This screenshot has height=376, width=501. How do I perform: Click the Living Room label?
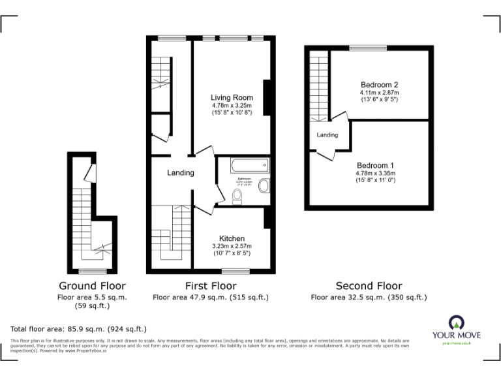pos(232,98)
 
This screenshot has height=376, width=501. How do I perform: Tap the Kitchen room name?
pos(232,238)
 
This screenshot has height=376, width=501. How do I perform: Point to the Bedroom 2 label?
pos(379,85)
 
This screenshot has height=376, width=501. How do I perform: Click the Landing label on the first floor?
pos(181,173)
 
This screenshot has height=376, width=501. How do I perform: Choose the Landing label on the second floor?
pos(327,135)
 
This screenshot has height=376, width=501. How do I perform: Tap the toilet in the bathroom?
pos(237,195)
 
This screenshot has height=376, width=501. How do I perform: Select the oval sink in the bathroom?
pos(263,186)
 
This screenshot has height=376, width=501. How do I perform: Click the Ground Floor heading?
pos(92,286)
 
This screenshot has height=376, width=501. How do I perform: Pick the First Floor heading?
pos(210,286)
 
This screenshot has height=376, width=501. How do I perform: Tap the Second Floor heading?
pos(369,286)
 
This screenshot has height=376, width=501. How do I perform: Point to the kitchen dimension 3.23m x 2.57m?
pos(232,246)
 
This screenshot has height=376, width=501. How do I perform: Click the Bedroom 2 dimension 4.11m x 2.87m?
pos(379,93)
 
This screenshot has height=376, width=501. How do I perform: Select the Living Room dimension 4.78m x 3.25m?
pos(232,106)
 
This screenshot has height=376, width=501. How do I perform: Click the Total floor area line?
pos(79,329)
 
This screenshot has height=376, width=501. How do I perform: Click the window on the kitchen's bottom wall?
pos(232,270)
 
